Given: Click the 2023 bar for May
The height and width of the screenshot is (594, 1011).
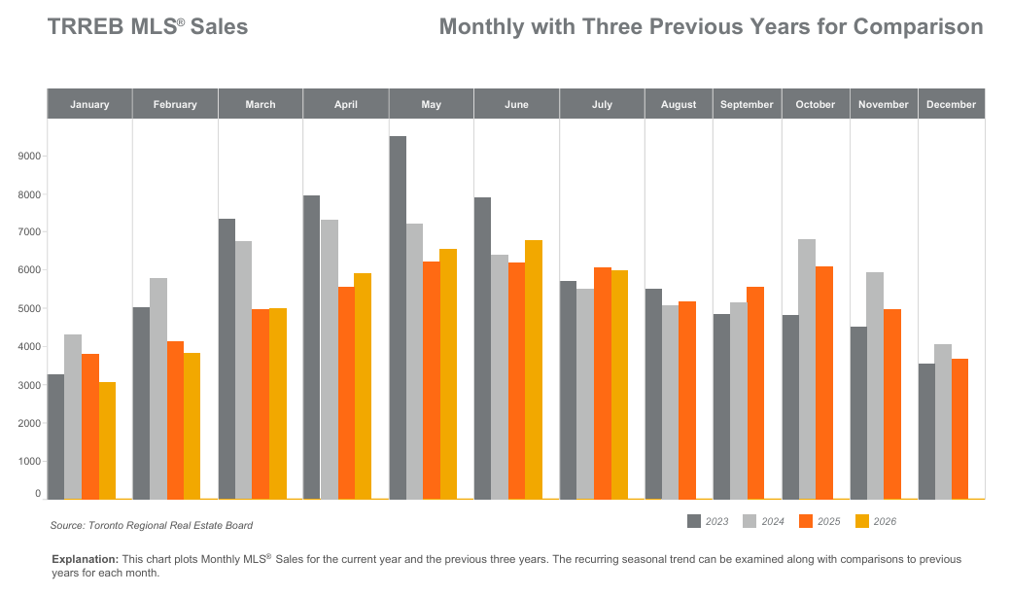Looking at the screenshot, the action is [x=398, y=318].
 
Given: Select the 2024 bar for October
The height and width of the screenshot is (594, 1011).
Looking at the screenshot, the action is [x=807, y=369].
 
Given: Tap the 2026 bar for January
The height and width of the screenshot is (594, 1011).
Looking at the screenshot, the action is [x=107, y=441].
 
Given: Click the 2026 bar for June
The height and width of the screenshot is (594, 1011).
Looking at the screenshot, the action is [x=534, y=370].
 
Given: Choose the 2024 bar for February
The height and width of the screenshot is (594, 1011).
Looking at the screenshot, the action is [x=158, y=389].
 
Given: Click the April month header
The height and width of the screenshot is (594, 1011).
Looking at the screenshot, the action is [x=346, y=104].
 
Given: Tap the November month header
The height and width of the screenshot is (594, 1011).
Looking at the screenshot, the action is [x=884, y=104].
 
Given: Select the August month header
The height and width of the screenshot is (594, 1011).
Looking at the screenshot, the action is [x=679, y=104].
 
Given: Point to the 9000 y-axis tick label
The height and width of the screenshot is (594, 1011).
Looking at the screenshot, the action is [x=30, y=157].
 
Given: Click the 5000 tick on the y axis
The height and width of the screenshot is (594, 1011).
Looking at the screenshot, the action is [x=30, y=308].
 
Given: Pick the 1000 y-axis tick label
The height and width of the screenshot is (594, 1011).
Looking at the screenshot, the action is [x=30, y=461].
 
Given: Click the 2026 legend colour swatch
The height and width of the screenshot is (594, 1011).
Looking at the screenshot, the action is [x=862, y=521].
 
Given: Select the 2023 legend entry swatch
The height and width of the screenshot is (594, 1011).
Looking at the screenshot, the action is [x=694, y=521].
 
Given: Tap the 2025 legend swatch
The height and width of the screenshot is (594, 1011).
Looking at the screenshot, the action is [x=806, y=521].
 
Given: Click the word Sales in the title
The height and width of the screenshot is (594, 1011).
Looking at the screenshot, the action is [x=220, y=26].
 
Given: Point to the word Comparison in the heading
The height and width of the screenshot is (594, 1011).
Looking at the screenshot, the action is [x=918, y=27].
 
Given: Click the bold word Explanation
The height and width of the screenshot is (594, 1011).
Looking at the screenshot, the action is [x=86, y=559].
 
